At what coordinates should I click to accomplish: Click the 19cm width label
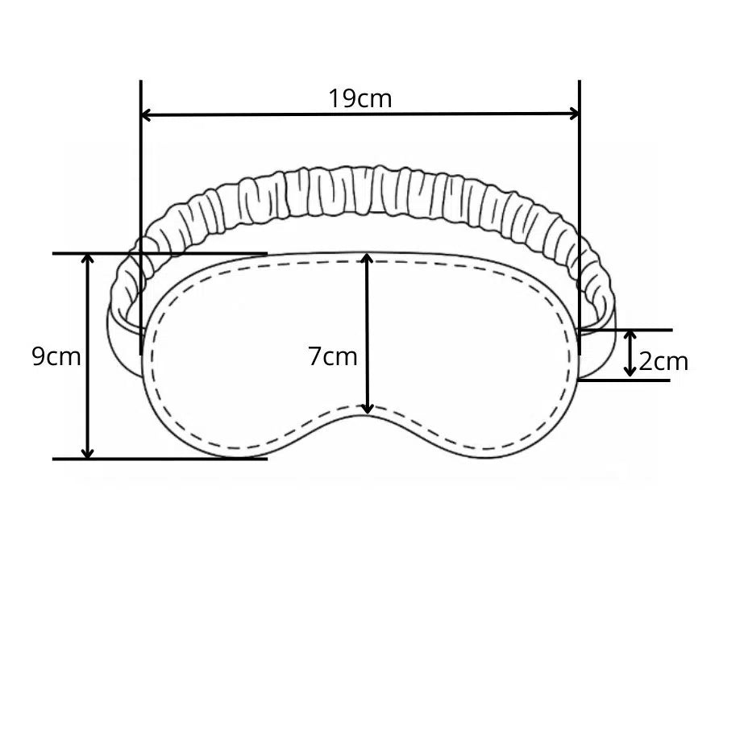(x=360, y=98)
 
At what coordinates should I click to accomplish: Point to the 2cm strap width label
(x=663, y=362)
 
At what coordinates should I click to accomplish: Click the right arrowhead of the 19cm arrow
(x=574, y=114)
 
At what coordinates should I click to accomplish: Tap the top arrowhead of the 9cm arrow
(x=87, y=259)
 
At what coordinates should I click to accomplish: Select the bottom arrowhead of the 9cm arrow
(x=87, y=453)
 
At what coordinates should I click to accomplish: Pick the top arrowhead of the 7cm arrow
(x=367, y=258)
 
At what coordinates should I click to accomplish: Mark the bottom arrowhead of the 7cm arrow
(x=368, y=408)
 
